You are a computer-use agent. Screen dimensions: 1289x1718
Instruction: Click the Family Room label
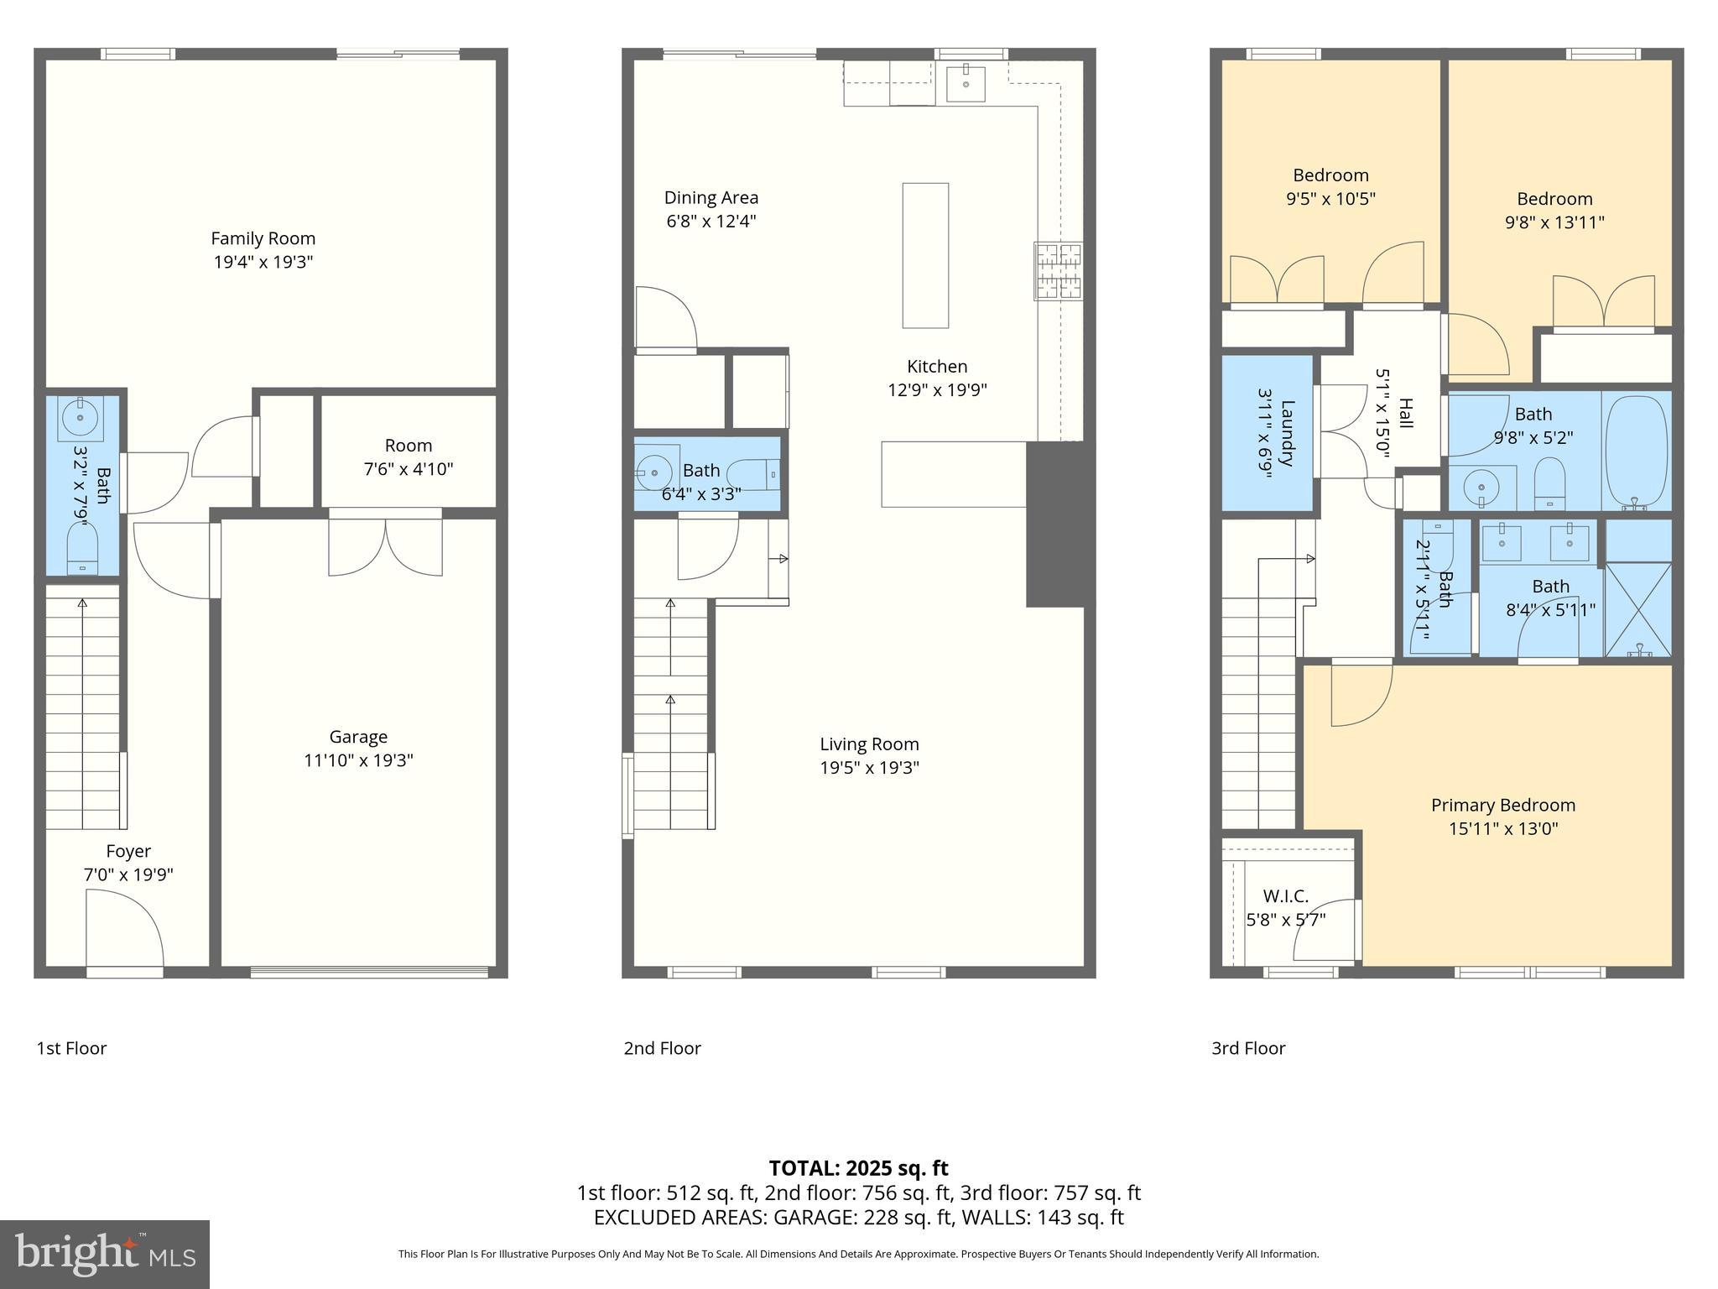263,239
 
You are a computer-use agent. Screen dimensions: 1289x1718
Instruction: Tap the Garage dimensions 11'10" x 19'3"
358,761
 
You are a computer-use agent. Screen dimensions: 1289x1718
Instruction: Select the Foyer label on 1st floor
128,852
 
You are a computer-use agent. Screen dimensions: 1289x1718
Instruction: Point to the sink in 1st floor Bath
81,417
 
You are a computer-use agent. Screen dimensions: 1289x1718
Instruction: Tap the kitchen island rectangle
925,255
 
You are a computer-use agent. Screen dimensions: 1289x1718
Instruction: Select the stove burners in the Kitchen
1058,271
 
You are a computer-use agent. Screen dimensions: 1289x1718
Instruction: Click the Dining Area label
711,198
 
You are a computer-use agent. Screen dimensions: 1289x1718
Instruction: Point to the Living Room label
869,744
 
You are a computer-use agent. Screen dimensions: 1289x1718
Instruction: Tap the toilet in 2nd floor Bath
754,475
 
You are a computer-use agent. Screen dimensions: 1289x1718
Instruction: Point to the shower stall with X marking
1637,609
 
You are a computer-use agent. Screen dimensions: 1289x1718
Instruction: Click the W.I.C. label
1285,896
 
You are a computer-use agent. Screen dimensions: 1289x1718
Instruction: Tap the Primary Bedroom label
1502,806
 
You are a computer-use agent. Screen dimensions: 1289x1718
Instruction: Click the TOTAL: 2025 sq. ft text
858,1168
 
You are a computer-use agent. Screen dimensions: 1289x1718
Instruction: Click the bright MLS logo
104,1255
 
